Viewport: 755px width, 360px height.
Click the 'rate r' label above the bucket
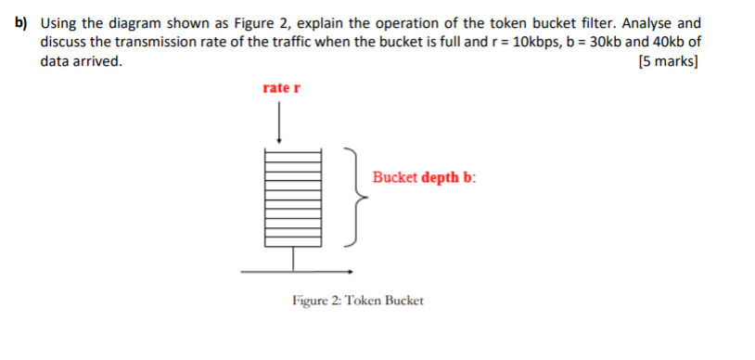(x=281, y=88)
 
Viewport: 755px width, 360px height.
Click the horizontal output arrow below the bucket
(x=297, y=271)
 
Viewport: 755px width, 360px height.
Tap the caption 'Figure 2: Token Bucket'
(x=357, y=302)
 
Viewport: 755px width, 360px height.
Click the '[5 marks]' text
(x=669, y=63)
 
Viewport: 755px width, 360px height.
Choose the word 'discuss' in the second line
(x=63, y=43)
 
